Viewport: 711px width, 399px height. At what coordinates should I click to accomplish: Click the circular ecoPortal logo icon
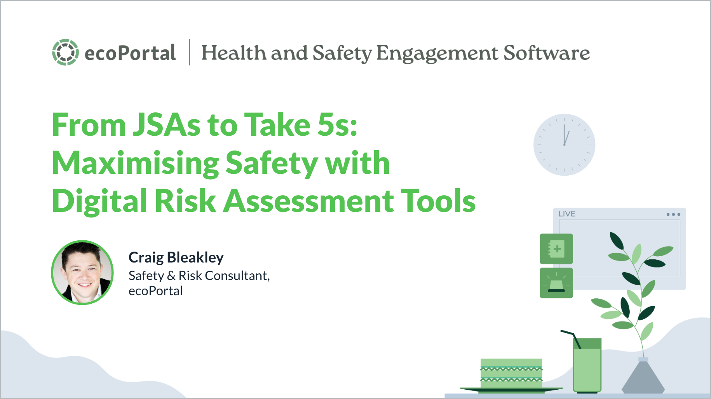65,52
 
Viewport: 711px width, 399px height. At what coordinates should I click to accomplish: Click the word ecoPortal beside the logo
130,53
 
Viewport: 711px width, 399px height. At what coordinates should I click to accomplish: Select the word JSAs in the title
166,125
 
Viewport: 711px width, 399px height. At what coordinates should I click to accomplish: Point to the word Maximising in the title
136,163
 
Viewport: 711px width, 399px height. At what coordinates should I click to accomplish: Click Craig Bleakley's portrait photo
82,273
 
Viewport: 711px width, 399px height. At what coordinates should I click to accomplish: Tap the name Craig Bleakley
176,257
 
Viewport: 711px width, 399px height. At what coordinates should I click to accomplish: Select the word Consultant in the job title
237,276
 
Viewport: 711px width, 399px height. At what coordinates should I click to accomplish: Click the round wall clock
564,145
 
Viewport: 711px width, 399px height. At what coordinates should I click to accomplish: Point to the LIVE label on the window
566,214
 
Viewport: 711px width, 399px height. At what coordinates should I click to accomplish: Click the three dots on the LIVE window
673,214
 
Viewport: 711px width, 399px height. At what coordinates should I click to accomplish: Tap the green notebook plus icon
556,249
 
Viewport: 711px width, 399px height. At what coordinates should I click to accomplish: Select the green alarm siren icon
556,283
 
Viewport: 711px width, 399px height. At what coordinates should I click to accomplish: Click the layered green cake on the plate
511,374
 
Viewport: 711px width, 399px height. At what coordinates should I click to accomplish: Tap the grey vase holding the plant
643,378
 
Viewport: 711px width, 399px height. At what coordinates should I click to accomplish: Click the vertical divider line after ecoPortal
189,52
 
